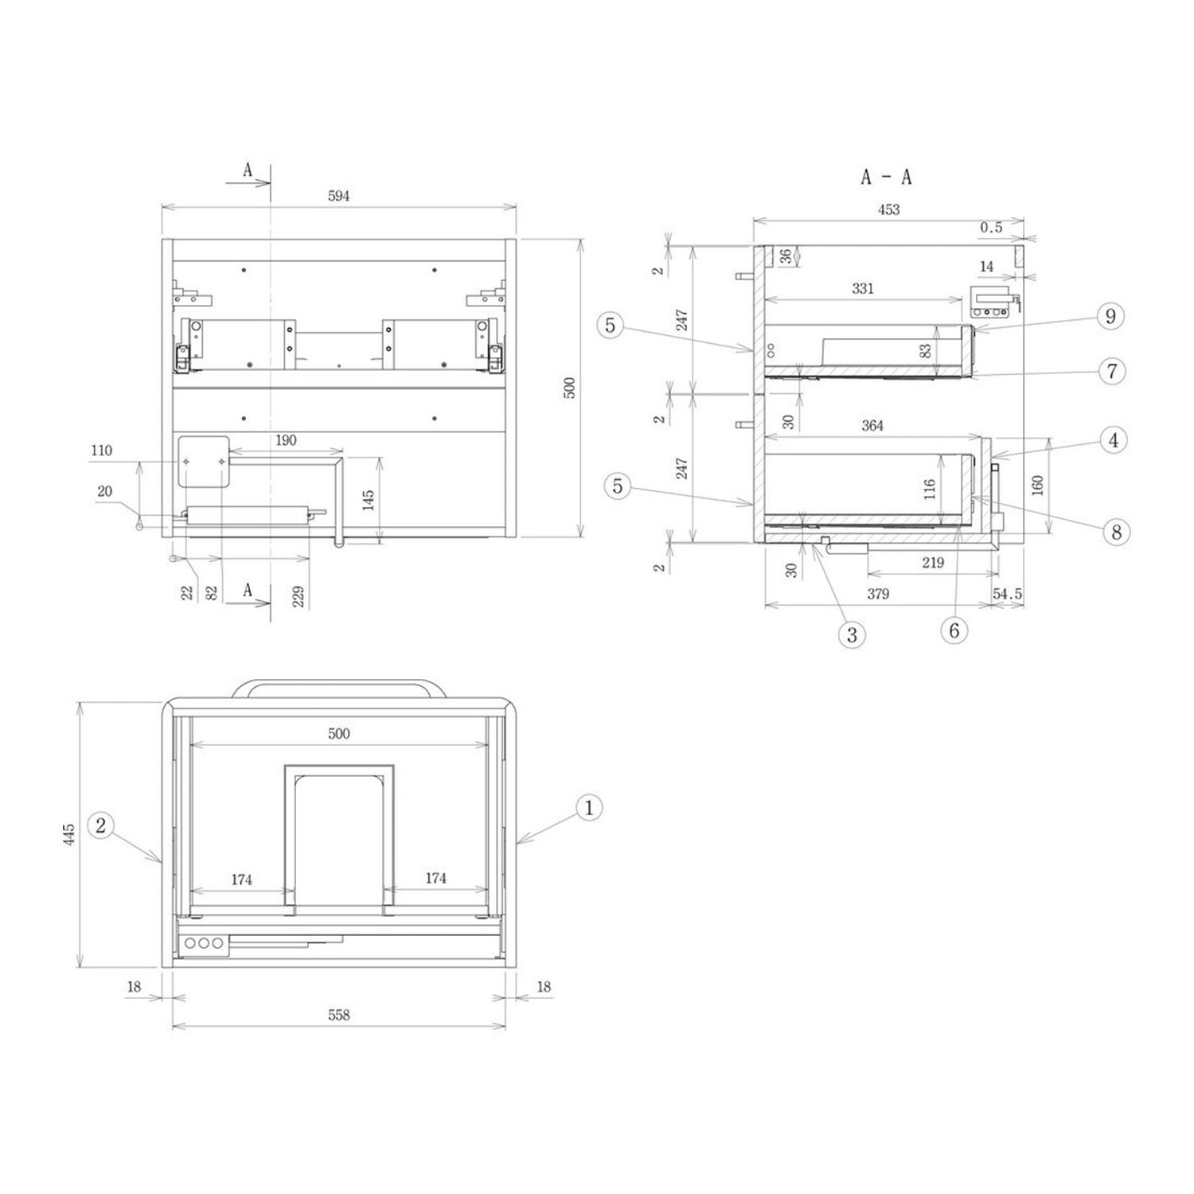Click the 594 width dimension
[x=338, y=196]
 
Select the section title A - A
[x=886, y=177]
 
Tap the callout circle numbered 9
[x=1110, y=316]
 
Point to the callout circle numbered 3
[x=852, y=634]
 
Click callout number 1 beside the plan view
[x=588, y=808]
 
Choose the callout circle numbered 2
[x=100, y=825]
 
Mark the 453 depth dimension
[x=888, y=209]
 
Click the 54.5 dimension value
[x=1007, y=595]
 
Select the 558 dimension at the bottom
[x=338, y=1015]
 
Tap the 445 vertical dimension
[x=70, y=833]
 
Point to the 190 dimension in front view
[x=286, y=440]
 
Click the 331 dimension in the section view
[x=863, y=288]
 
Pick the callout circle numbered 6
[x=954, y=630]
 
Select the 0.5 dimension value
[x=991, y=228]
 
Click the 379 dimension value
[x=877, y=594]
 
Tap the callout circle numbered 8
[x=1116, y=532]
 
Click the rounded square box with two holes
[x=203, y=462]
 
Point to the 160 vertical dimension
[x=1036, y=486]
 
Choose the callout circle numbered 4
[x=1113, y=439]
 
